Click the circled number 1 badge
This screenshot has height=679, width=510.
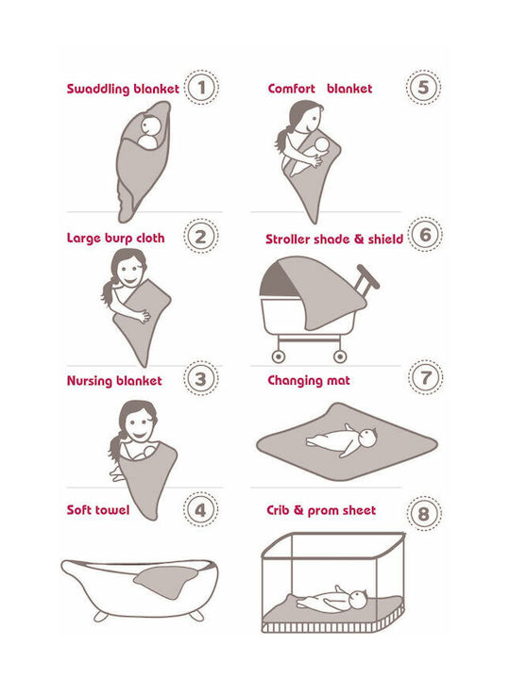[201, 88]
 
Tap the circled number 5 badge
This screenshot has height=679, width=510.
[423, 88]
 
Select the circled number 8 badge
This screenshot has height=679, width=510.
[424, 514]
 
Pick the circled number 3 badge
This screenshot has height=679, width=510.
[200, 379]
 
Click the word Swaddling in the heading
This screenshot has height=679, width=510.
[98, 90]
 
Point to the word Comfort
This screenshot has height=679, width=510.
[292, 89]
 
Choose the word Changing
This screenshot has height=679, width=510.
[292, 381]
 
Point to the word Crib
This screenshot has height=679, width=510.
[278, 510]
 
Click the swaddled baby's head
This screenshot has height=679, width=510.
[150, 125]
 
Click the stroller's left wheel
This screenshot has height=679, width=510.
[279, 356]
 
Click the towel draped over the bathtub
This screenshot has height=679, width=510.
[164, 581]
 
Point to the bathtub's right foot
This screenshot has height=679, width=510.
[196, 615]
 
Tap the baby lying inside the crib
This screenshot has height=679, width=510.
[333, 600]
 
